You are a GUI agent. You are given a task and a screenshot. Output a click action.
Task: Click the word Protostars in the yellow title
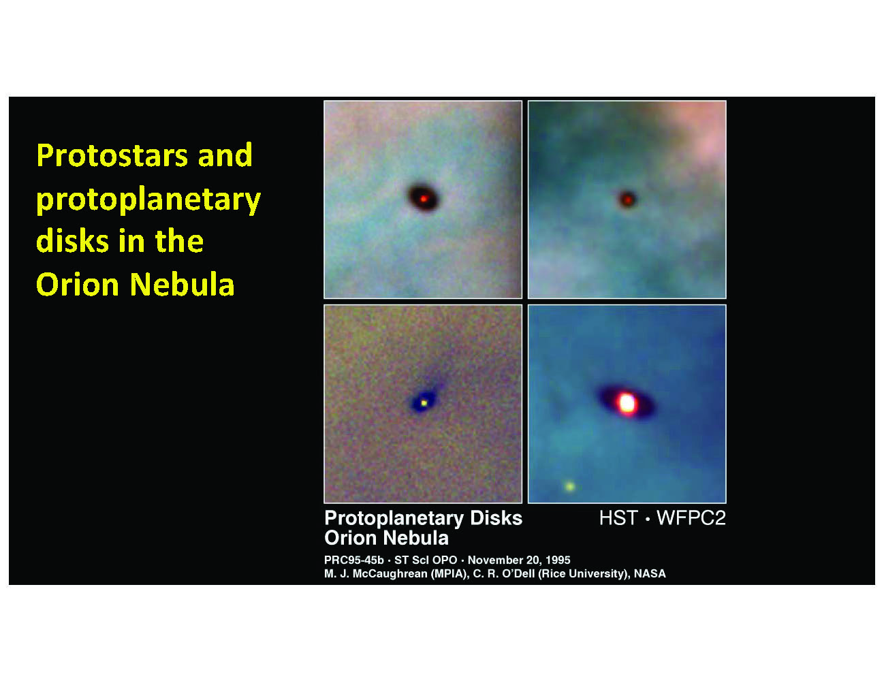tap(112, 155)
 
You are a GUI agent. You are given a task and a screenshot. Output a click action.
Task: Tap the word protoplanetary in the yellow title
tap(148, 201)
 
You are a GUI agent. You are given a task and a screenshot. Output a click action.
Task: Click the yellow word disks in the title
tap(73, 240)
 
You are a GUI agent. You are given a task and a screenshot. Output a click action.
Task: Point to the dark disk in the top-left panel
tap(423, 198)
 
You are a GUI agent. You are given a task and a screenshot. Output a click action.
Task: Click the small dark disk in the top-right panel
tap(627, 200)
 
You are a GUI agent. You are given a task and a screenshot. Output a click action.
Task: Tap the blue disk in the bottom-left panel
tap(424, 402)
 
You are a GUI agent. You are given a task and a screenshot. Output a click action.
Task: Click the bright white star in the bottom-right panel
tap(627, 402)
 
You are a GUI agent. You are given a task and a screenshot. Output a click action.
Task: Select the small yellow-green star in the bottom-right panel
tap(569, 486)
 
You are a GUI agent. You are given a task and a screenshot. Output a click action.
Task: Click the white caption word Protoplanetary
tap(394, 519)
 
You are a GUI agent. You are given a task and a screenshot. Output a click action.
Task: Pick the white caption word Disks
tap(496, 518)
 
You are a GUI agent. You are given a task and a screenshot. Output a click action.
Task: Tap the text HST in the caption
tap(618, 518)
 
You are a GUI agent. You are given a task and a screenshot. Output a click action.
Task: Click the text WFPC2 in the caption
tap(691, 518)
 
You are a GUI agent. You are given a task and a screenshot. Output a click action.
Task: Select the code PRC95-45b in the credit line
tap(354, 560)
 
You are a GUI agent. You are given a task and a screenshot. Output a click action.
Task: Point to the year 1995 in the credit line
tap(558, 560)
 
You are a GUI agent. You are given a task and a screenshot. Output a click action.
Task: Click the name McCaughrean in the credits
tap(390, 573)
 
